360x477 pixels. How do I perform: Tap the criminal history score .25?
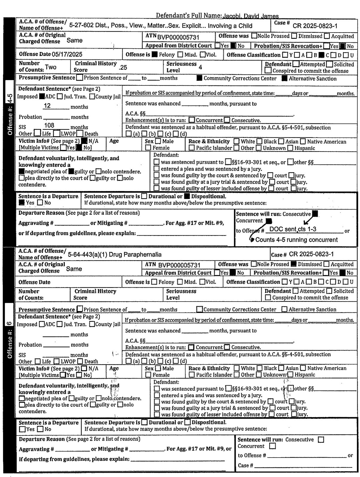click(x=123, y=67)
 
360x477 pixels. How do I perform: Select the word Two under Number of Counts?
click(x=50, y=67)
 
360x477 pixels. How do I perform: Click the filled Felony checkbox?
click(x=154, y=55)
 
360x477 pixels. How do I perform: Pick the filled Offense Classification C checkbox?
click(x=321, y=55)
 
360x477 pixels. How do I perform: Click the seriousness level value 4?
click(x=200, y=67)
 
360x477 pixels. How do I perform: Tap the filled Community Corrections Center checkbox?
click(x=199, y=78)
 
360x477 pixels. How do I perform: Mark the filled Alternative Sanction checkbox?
click(x=284, y=79)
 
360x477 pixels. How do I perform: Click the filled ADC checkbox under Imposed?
click(x=42, y=97)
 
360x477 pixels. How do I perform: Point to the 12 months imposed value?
click(x=47, y=106)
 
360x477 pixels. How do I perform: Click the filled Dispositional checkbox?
click(x=187, y=196)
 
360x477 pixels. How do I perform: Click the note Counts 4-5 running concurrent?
click(x=296, y=240)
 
